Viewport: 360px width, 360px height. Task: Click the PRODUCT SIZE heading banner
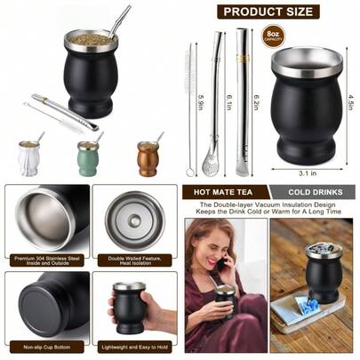(269, 12)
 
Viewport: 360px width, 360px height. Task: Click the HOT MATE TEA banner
(224, 192)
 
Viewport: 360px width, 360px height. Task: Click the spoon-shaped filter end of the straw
(211, 164)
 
